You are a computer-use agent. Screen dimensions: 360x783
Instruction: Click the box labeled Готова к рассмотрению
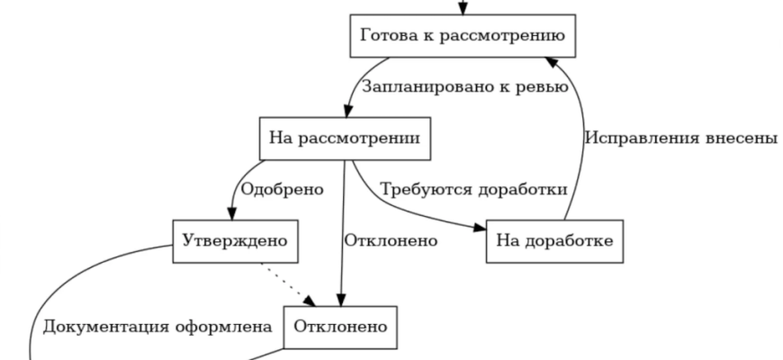click(462, 37)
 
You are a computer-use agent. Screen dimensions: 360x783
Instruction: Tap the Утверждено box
click(234, 242)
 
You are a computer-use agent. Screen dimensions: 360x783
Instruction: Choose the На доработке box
click(553, 242)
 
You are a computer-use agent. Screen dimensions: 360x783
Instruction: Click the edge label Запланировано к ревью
click(464, 88)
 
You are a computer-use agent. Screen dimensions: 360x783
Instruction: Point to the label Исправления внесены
click(680, 139)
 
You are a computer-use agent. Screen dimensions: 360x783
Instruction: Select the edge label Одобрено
click(283, 191)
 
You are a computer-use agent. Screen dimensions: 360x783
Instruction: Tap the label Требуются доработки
click(473, 191)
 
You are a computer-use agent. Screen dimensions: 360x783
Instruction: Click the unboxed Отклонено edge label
click(390, 241)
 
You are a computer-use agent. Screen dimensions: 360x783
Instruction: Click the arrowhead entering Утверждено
click(232, 214)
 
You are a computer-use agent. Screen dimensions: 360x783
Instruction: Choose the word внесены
click(742, 139)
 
